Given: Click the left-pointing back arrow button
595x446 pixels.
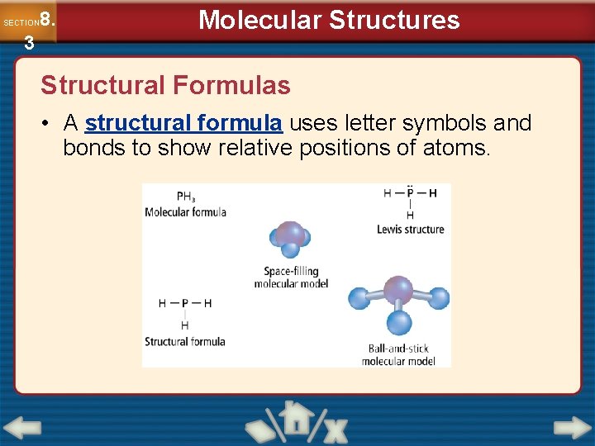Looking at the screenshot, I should [22, 428].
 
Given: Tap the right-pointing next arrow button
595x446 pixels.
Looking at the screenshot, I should [572, 428].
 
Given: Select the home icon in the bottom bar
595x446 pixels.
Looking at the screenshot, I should [297, 420].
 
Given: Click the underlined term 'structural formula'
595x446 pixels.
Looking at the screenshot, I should [183, 124].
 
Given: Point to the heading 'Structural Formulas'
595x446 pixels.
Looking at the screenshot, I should [165, 85].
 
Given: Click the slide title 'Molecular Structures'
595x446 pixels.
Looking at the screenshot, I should [329, 20].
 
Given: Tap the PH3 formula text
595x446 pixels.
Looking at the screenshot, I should [187, 197].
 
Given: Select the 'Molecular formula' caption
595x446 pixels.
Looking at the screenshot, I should [185, 212].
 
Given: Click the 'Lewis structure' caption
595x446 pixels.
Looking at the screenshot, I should [410, 230].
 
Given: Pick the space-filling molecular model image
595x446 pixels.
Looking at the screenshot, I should [289, 239].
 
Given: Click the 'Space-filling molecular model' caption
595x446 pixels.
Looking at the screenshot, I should [291, 278].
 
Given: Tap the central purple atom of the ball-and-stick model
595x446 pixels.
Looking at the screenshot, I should [398, 290].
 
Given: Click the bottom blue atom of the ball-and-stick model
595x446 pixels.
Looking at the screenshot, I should [399, 322].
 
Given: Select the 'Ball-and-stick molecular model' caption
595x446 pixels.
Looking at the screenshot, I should [398, 354].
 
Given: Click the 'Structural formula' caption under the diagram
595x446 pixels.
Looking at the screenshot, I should [185, 341].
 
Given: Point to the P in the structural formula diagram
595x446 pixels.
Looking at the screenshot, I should [185, 303].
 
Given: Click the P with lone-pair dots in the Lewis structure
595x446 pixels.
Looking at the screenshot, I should [410, 192].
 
